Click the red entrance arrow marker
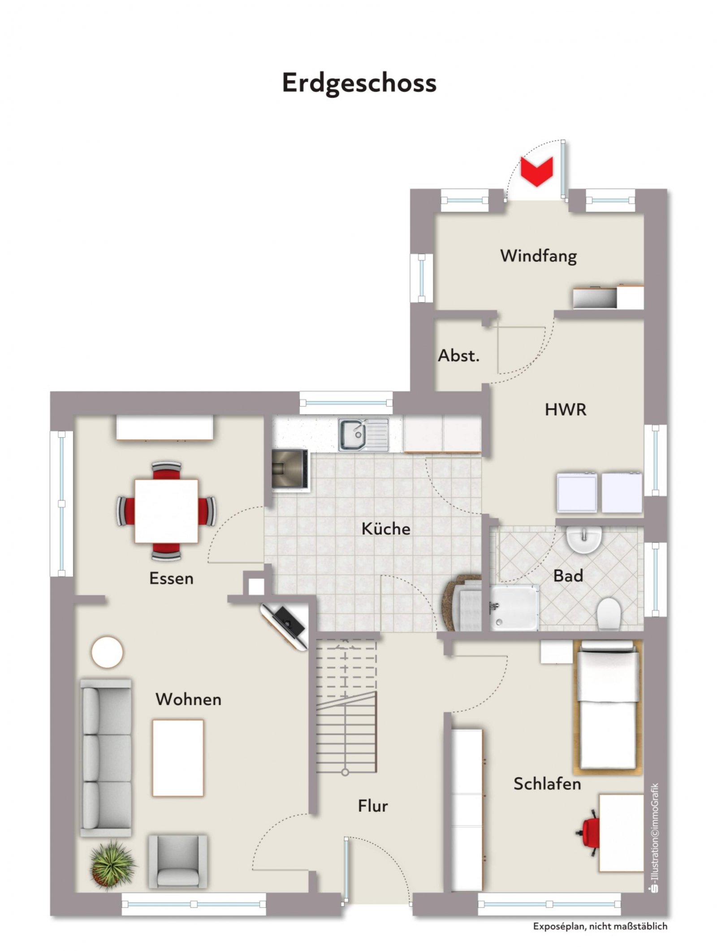pyautogui.click(x=536, y=171)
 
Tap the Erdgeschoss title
pyautogui.click(x=359, y=83)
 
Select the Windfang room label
pyautogui.click(x=538, y=256)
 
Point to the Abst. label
pyautogui.click(x=459, y=356)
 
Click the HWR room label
pyautogui.click(x=566, y=409)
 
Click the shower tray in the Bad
pyautogui.click(x=514, y=607)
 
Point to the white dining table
pyautogui.click(x=166, y=511)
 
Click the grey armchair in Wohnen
pyautogui.click(x=178, y=861)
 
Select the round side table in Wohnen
pyautogui.click(x=107, y=652)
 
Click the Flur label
pyautogui.click(x=373, y=806)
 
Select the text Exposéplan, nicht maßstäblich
pyautogui.click(x=600, y=925)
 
